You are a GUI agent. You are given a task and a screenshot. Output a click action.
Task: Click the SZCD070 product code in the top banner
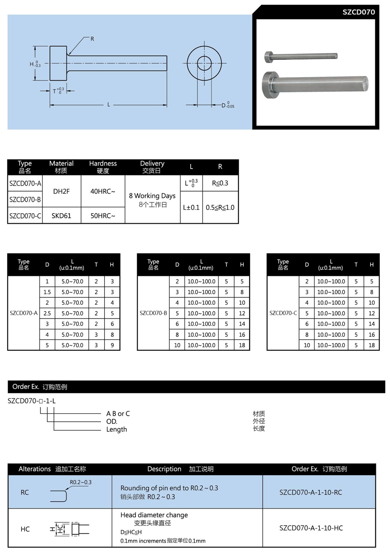pyautogui.click(x=358, y=12)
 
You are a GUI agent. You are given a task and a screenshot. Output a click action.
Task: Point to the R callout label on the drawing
pyautogui.click(x=92, y=39)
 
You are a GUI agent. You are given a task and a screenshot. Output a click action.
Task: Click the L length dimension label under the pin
pyautogui.click(x=108, y=104)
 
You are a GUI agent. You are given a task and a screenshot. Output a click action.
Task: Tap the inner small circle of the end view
pyautogui.click(x=204, y=63)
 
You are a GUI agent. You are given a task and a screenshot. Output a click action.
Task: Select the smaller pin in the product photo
pyautogui.click(x=300, y=56)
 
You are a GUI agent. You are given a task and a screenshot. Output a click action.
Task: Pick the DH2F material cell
pyautogui.click(x=61, y=191)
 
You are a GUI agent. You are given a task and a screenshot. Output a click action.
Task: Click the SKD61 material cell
pyautogui.click(x=61, y=216)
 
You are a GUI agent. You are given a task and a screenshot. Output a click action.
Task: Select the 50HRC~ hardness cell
pyautogui.click(x=103, y=216)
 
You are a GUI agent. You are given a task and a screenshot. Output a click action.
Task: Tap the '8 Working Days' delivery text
pyautogui.click(x=152, y=196)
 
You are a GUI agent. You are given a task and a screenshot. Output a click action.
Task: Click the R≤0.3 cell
pyautogui.click(x=220, y=183)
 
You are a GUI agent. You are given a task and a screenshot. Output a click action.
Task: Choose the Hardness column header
pyautogui.click(x=103, y=167)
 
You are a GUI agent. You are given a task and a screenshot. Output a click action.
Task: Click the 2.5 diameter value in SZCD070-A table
pyautogui.click(x=47, y=313)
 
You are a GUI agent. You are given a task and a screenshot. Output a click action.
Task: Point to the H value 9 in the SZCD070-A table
pyautogui.click(x=112, y=345)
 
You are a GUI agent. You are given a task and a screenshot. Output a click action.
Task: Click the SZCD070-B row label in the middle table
pyautogui.click(x=153, y=313)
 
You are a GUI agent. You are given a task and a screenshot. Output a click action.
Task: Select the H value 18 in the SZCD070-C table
pyautogui.click(x=371, y=345)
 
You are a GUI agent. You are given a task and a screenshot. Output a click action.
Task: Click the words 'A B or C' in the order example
pyautogui.click(x=118, y=414)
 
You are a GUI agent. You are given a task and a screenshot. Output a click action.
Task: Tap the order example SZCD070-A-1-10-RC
pyautogui.click(x=310, y=492)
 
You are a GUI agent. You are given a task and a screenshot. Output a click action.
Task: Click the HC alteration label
pyautogui.click(x=25, y=529)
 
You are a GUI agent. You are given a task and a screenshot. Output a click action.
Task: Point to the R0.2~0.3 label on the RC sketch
pyautogui.click(x=80, y=482)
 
